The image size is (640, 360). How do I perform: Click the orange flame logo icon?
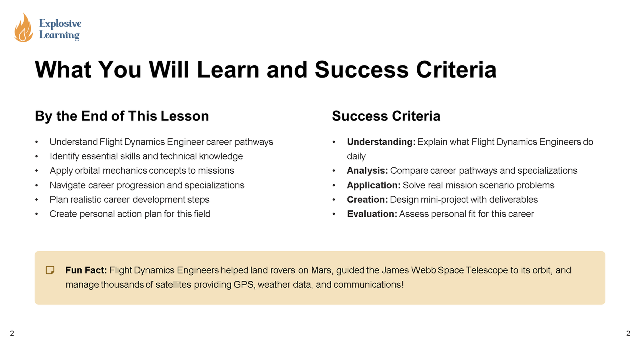pos(24,28)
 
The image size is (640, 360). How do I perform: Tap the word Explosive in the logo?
pos(60,24)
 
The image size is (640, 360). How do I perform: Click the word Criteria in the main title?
pos(456,70)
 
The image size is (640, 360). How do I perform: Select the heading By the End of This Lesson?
pos(122,116)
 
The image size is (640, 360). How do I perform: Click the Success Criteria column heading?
pos(386,116)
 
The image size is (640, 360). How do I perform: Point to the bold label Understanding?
pos(381,142)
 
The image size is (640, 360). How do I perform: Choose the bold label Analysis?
pos(368,170)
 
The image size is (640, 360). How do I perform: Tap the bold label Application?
pos(374,185)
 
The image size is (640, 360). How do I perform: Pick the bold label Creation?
pos(368,200)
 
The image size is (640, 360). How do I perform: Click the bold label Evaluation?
pos(372,214)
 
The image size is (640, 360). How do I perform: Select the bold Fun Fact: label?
pos(86,270)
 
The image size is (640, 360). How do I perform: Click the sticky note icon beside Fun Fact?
pos(50,270)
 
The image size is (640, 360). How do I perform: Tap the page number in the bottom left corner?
pos(12,333)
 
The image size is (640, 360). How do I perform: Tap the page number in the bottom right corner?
pos(628,333)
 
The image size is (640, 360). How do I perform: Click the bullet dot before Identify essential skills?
pos(36,156)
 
